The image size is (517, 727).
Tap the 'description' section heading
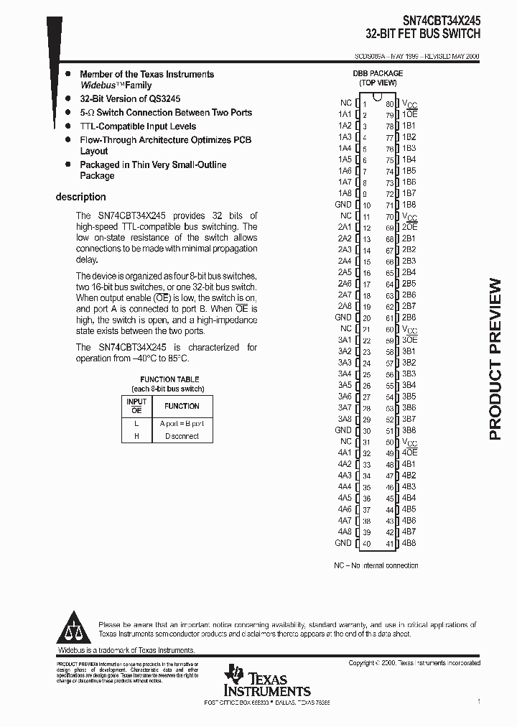(x=80, y=197)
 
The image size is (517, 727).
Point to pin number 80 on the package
(x=388, y=103)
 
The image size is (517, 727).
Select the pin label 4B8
(x=409, y=543)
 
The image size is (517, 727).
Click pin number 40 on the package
(x=365, y=543)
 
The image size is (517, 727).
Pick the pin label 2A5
(x=344, y=272)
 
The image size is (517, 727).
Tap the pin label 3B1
(x=409, y=351)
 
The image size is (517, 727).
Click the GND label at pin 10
(x=343, y=205)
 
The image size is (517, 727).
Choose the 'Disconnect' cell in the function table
(x=182, y=436)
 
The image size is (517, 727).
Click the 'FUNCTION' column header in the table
(x=182, y=406)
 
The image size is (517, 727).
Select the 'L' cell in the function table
(x=136, y=423)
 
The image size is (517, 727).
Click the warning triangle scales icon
(x=75, y=629)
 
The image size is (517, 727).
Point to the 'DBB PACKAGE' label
(x=377, y=73)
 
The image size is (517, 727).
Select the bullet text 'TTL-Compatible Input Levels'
(x=138, y=126)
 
